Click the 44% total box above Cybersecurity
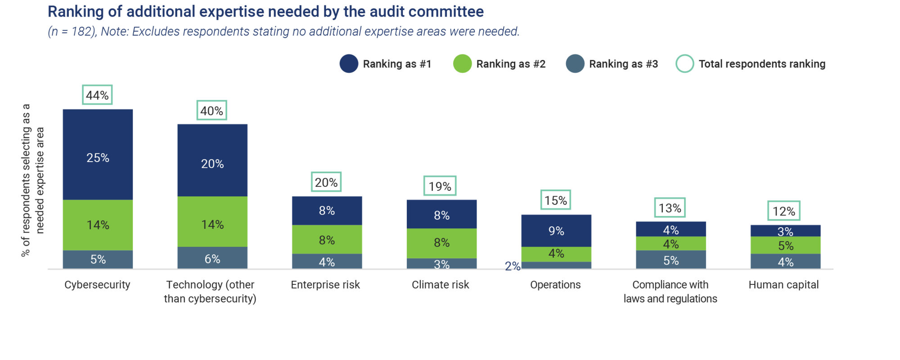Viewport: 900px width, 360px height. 97,95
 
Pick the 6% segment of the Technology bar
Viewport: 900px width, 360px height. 212,258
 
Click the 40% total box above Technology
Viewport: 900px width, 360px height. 211,111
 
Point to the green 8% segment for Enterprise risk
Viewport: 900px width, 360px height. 327,239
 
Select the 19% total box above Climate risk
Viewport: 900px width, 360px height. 440,186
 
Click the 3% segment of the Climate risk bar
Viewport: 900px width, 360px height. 441,264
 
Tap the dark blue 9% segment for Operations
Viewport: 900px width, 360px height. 556,230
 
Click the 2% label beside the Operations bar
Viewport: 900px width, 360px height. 512,266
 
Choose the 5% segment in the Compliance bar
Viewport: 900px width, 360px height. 671,260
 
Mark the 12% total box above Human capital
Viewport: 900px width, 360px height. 783,211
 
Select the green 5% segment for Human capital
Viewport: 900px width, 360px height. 785,245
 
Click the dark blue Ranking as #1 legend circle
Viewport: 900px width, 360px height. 349,64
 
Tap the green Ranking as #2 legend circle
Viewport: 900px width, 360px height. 462,64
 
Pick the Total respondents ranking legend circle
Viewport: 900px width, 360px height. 685,64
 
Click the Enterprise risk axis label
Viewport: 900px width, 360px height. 325,285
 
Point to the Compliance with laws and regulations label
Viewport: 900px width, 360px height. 670,292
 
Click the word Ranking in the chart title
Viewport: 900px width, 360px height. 75,12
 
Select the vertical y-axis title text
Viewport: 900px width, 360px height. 33,180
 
